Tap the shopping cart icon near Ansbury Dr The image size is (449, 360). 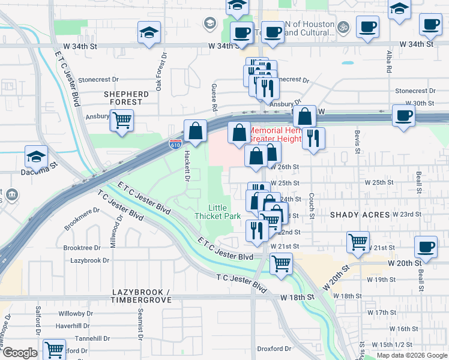click(122, 120)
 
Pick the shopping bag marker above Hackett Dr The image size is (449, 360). click(196, 130)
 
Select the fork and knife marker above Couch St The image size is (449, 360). click(313, 138)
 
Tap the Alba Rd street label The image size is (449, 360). click(389, 60)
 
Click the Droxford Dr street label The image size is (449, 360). click(274, 349)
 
